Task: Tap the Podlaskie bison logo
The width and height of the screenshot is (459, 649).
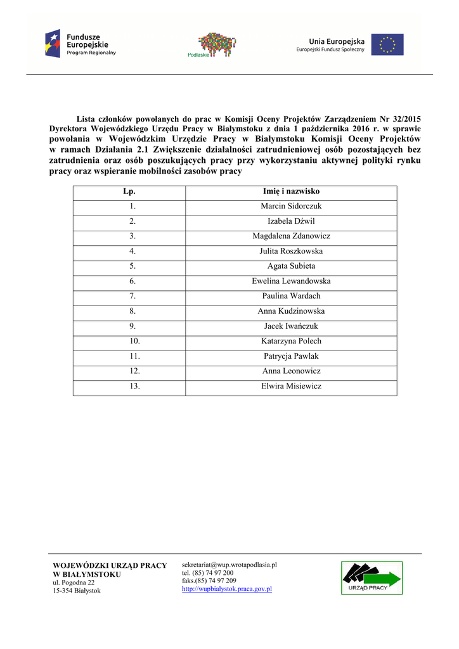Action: click(x=217, y=44)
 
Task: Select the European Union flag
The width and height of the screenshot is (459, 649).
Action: click(x=387, y=44)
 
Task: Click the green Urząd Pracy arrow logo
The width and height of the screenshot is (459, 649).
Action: click(x=372, y=577)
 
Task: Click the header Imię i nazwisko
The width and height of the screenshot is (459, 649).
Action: click(x=291, y=191)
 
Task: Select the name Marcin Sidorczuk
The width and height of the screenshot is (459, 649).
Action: click(x=291, y=206)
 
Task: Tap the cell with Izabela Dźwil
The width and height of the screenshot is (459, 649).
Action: click(x=291, y=221)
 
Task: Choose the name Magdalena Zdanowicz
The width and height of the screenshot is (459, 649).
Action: click(x=291, y=236)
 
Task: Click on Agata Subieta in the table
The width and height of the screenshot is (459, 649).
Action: click(x=291, y=266)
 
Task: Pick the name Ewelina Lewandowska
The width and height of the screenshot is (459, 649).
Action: click(x=291, y=281)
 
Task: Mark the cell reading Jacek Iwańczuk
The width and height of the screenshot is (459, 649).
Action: click(x=291, y=326)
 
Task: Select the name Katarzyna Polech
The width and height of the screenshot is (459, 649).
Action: click(x=291, y=341)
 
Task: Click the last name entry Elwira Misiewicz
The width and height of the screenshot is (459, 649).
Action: click(x=291, y=386)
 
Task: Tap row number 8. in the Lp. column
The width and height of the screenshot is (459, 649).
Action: click(x=133, y=311)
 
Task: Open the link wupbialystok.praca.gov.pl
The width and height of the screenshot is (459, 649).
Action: click(x=227, y=589)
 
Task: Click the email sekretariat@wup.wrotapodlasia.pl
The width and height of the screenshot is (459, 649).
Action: click(x=229, y=564)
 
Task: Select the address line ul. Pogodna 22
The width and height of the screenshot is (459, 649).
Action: click(x=74, y=582)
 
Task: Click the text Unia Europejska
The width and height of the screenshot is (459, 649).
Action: click(x=337, y=41)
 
